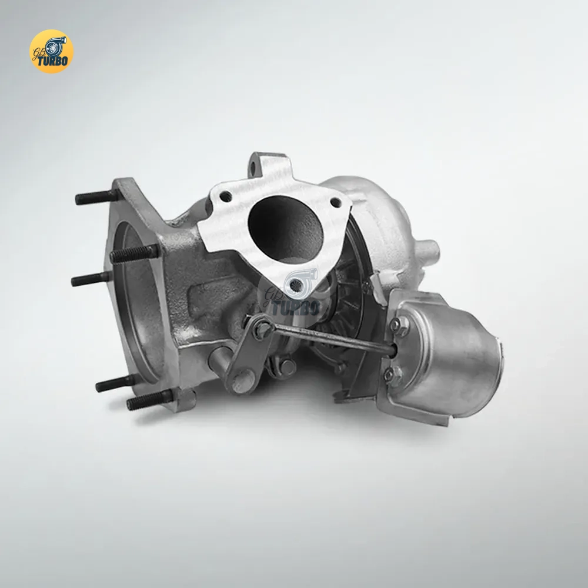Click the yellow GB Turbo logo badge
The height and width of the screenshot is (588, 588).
[x=51, y=51]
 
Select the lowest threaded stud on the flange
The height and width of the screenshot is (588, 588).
[x=150, y=400]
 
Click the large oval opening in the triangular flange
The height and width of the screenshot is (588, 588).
[x=286, y=229]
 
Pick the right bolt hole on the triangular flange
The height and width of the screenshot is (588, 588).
[x=336, y=202]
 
